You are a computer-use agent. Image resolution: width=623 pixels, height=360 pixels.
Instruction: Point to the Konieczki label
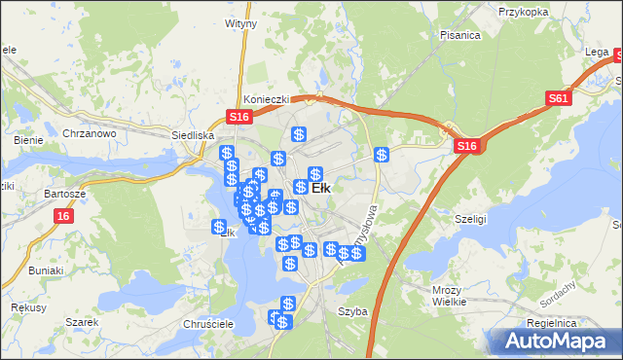tap(264, 98)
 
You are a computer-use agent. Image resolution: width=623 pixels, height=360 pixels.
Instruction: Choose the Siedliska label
tap(192, 136)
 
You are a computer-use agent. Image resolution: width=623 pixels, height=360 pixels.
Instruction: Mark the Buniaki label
tap(46, 270)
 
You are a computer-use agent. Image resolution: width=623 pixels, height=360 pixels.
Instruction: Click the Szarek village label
tap(83, 321)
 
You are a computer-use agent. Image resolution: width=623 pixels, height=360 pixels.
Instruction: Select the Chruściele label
tap(203, 323)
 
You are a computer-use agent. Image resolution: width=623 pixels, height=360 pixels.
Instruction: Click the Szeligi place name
tap(471, 219)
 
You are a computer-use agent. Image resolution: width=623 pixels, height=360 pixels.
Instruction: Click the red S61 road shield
tap(558, 98)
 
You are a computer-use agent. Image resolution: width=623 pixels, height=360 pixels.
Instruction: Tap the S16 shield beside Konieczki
tap(240, 117)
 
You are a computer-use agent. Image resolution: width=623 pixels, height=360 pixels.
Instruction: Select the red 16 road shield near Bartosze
tap(64, 216)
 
